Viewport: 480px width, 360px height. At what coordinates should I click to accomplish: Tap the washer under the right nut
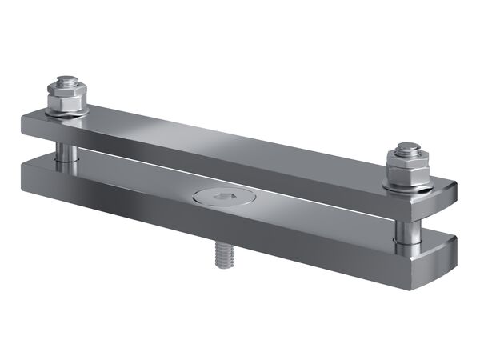pyautogui.click(x=407, y=186)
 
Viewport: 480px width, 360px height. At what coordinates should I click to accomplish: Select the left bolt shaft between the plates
pyautogui.click(x=63, y=151)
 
